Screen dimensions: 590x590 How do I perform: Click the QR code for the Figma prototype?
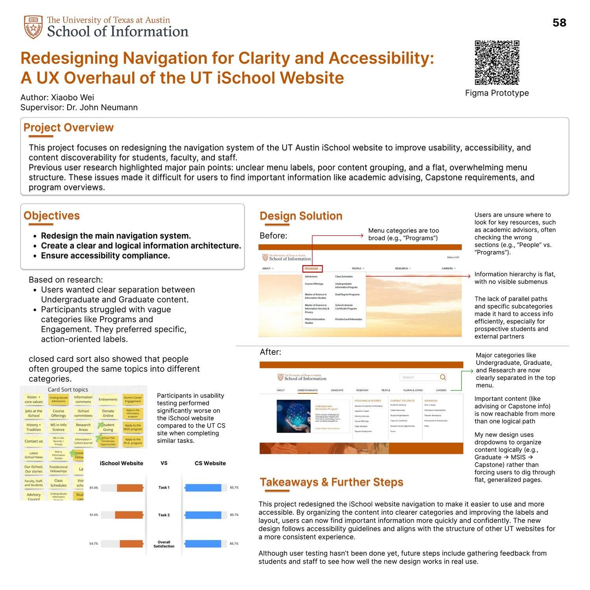click(x=497, y=63)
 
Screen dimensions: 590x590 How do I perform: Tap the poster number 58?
click(x=559, y=23)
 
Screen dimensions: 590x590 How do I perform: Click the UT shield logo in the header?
click(x=33, y=27)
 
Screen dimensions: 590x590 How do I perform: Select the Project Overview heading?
click(x=68, y=128)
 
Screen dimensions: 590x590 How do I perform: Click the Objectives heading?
click(x=52, y=216)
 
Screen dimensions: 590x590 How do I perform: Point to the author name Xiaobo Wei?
click(x=72, y=98)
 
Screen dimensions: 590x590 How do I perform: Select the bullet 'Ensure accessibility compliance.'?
click(x=105, y=256)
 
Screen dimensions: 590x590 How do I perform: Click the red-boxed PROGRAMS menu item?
click(x=313, y=269)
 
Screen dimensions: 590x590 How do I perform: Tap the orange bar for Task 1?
click(x=130, y=488)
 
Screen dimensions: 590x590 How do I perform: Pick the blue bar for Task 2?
click(x=203, y=515)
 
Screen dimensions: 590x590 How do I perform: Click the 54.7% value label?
click(x=94, y=544)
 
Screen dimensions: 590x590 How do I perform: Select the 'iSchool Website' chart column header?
click(x=122, y=463)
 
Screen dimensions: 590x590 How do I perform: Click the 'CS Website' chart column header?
click(x=210, y=463)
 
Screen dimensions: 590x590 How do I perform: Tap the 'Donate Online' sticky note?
click(x=108, y=413)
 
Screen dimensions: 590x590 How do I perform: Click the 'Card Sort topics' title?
click(x=68, y=389)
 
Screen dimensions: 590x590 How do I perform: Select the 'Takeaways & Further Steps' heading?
click(x=331, y=482)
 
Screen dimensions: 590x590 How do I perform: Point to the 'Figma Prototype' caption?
click(x=497, y=93)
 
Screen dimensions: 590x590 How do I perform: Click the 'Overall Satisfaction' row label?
click(x=164, y=544)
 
